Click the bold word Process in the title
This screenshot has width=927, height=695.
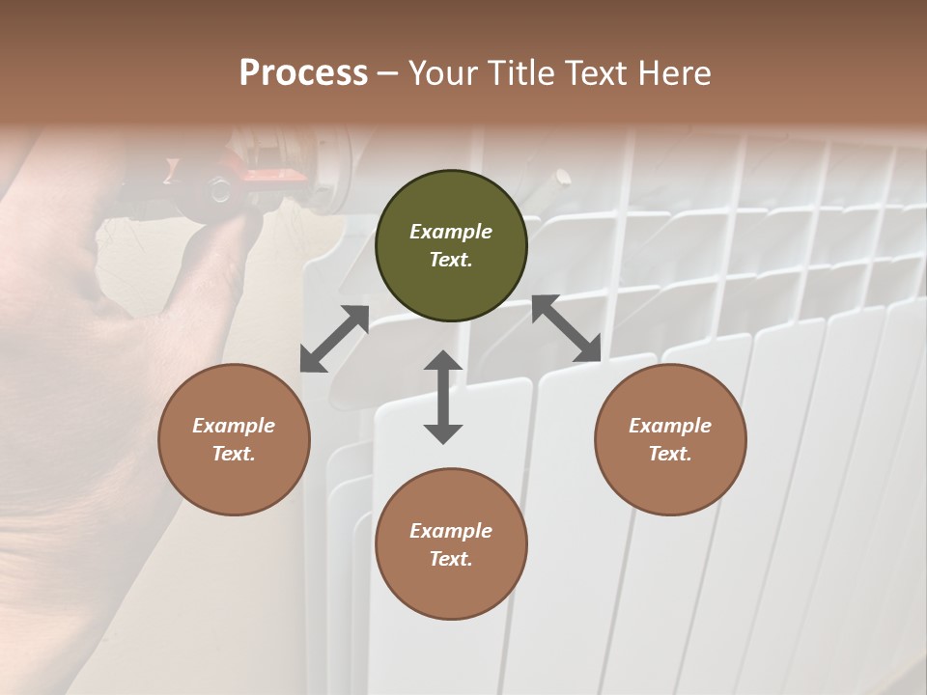point(303,73)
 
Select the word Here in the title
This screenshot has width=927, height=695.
point(673,73)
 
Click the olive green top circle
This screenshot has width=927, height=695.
point(451,246)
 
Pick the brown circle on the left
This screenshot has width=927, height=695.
point(234,440)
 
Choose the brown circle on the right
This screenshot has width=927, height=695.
point(670,440)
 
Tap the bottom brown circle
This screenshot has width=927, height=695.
point(451,544)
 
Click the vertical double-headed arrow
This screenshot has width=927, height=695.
point(443,397)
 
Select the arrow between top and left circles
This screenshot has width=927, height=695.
point(335,339)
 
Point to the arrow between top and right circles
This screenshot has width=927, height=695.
point(566,328)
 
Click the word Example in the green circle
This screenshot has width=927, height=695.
point(451,232)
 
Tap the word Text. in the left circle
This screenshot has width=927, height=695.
point(234,454)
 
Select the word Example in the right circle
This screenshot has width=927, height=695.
point(670,426)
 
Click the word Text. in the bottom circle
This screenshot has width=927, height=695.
point(451,559)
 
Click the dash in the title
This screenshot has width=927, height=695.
point(387,74)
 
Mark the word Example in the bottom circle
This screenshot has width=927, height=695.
point(451,531)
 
